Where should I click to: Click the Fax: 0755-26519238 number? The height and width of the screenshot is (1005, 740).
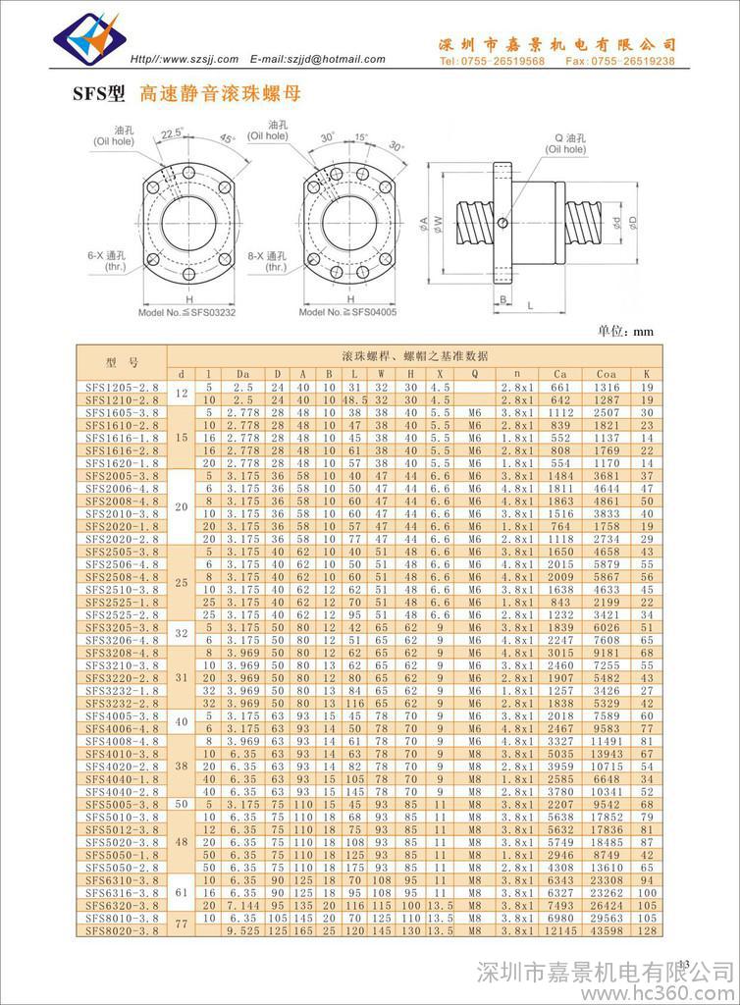point(623,61)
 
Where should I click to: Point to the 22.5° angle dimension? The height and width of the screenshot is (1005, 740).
point(172,133)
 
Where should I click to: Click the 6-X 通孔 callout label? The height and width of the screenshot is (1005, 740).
point(104,259)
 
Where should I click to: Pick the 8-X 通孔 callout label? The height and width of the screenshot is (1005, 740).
point(264,259)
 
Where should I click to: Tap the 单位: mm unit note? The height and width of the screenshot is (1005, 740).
point(625,332)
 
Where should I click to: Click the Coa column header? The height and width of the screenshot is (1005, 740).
point(606,373)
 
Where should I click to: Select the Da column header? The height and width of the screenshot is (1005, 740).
point(242,373)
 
